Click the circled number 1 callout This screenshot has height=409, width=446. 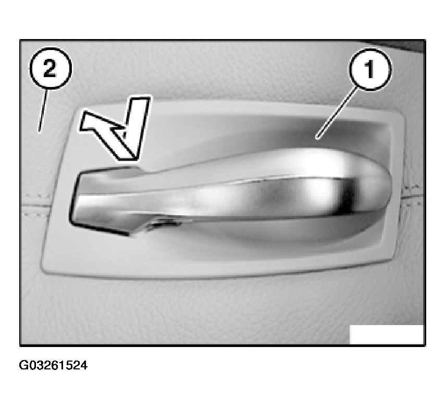tap(370, 69)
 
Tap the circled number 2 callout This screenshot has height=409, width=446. tap(51, 68)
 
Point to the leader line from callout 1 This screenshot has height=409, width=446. tap(337, 113)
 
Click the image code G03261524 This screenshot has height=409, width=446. tap(53, 365)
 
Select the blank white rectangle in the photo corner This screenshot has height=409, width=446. tap(387, 334)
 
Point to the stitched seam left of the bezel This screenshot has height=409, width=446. tap(36, 205)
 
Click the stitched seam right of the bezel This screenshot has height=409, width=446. tap(412, 196)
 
